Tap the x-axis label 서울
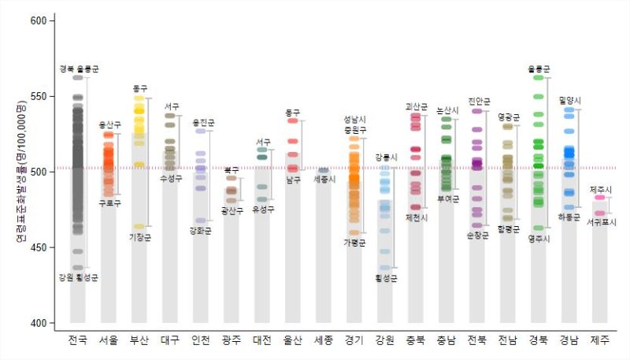[x=109, y=341]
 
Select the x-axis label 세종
[x=323, y=341]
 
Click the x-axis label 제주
[x=600, y=341]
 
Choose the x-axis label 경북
[x=539, y=341]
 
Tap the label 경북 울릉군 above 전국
[x=79, y=69]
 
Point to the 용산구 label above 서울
[x=109, y=124]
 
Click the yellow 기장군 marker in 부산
[x=139, y=227]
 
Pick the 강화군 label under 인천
[x=201, y=231]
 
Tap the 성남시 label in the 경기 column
[x=354, y=120]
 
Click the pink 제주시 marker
[x=600, y=199]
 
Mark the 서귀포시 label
[x=602, y=223]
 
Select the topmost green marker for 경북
[x=539, y=77]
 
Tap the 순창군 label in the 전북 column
[x=477, y=235]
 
